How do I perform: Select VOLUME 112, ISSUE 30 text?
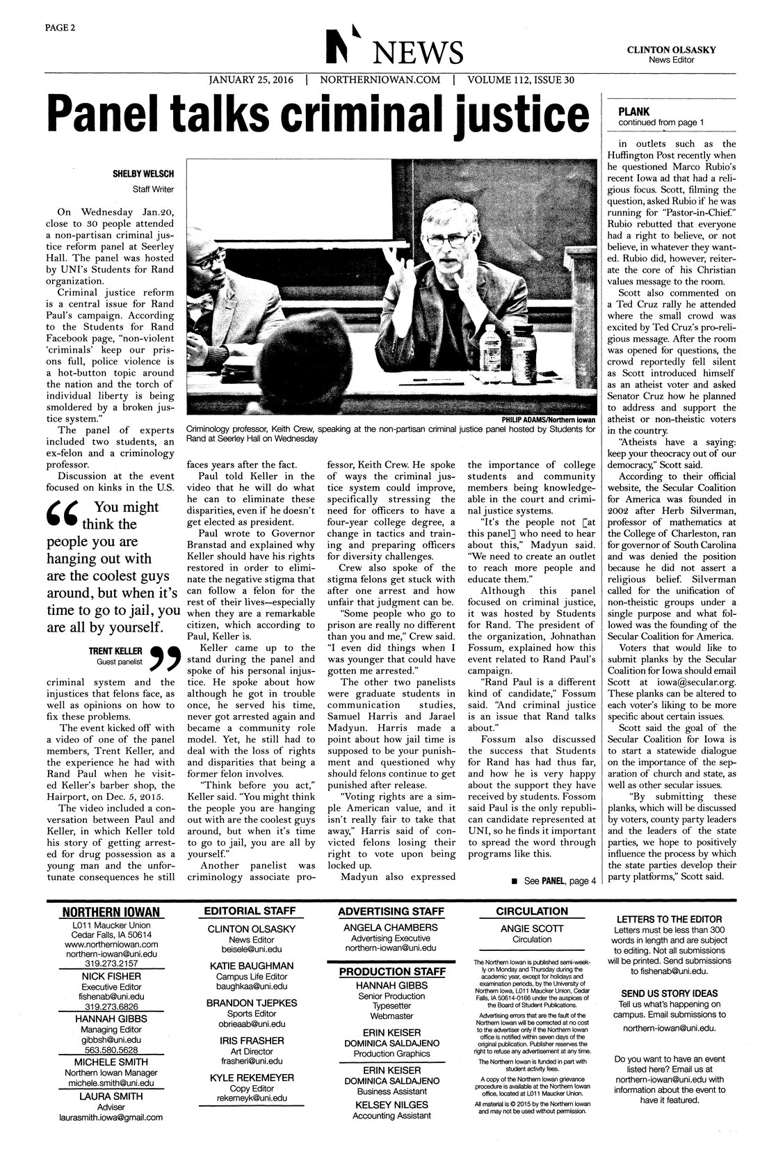point(521,79)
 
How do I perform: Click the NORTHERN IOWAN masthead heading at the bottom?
point(111,912)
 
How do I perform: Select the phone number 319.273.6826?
point(111,1007)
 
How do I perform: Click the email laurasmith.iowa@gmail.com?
point(111,1117)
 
